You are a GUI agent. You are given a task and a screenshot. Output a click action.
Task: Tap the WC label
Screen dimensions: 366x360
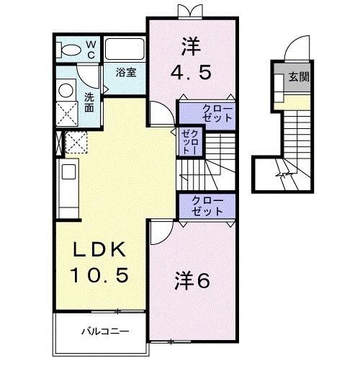click(92, 48)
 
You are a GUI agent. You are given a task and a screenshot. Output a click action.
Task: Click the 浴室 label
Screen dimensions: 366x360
click(127, 72)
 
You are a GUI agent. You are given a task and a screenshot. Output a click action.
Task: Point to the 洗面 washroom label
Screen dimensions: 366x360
click(89, 102)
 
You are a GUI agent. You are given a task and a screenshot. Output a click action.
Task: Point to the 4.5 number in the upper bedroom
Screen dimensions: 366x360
click(191, 73)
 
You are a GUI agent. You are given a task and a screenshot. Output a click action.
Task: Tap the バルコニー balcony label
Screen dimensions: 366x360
click(104, 332)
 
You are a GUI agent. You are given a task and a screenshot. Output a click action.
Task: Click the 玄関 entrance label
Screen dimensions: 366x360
click(300, 76)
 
